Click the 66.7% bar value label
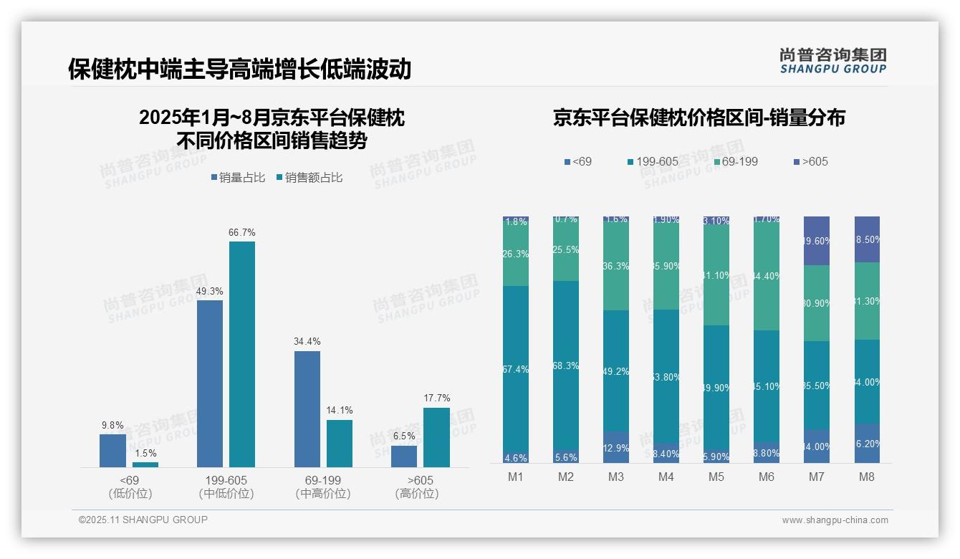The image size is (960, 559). (242, 233)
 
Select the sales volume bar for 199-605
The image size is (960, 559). (210, 383)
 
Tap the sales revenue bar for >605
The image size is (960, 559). (436, 437)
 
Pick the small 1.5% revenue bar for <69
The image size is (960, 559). (145, 464)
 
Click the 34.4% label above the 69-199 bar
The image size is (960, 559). (307, 342)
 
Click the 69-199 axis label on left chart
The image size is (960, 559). (323, 480)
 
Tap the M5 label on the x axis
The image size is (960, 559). (716, 477)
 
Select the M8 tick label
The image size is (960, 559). (866, 477)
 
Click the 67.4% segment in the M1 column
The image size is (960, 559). (516, 369)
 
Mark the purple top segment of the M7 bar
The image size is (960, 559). (817, 240)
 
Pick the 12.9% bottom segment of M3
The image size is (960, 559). (616, 447)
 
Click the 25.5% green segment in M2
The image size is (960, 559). (566, 250)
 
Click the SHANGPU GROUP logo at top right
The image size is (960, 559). (832, 61)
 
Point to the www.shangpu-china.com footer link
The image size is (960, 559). (835, 520)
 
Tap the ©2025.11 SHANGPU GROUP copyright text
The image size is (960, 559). (143, 520)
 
